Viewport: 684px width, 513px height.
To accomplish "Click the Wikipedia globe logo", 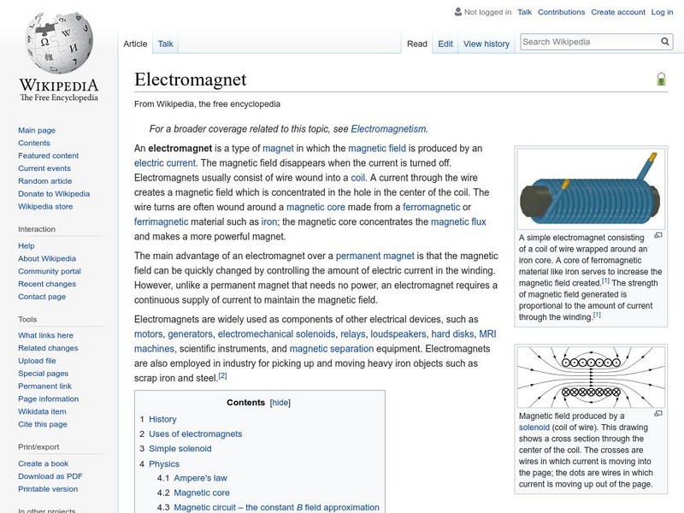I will (x=58, y=44).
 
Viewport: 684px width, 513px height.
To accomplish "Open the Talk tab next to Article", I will (x=165, y=44).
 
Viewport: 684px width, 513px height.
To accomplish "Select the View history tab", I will (x=486, y=44).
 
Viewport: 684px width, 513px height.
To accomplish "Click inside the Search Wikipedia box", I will (x=588, y=41).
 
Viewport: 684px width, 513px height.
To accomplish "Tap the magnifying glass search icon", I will (x=666, y=41).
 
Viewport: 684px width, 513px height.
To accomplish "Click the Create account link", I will (x=618, y=12).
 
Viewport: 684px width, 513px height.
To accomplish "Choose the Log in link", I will (x=662, y=12).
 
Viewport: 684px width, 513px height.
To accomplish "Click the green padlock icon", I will (x=661, y=80).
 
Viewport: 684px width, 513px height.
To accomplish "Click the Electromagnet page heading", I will (x=190, y=80).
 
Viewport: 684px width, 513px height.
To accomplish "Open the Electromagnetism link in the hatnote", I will (x=387, y=128).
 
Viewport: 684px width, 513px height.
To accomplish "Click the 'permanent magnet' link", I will (x=374, y=255).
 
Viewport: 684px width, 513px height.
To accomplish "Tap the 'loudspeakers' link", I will (x=398, y=333).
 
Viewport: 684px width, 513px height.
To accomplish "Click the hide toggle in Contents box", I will (x=280, y=402).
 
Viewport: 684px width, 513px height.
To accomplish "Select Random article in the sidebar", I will (x=45, y=181).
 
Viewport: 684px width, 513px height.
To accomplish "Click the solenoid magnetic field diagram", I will (x=590, y=376).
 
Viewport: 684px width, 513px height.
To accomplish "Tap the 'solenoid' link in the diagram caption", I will (x=536, y=427).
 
